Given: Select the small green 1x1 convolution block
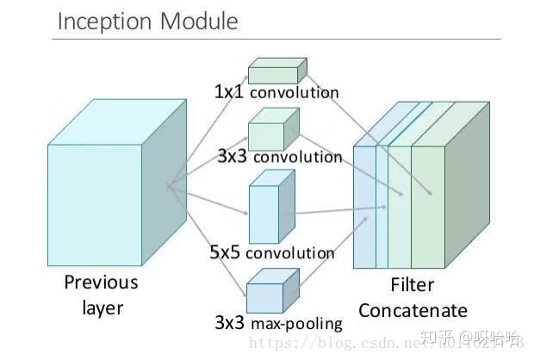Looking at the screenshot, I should pos(276,71).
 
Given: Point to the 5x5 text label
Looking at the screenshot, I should pos(226,253).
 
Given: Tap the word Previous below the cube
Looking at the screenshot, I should pos(101,282).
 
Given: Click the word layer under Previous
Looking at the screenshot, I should pos(101,307).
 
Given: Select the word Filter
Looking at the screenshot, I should pos(413,284).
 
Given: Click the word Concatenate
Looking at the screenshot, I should pos(413,310).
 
